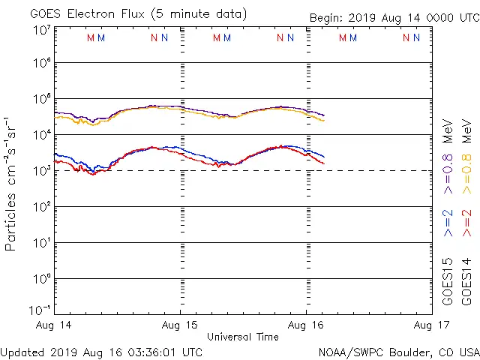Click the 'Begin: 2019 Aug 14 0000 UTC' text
coord(394,19)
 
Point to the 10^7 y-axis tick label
coord(41,30)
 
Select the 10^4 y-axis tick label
coord(41,135)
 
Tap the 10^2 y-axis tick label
coord(41,207)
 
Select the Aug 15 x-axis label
coord(181,325)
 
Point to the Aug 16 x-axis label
coord(306,325)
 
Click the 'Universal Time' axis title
coord(242,337)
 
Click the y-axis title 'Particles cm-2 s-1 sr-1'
coord(12,184)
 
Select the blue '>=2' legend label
coord(448,223)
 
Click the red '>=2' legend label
coord(466,223)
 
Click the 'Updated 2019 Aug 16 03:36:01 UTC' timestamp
coord(101,351)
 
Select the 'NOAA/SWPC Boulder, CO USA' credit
coord(398,351)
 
